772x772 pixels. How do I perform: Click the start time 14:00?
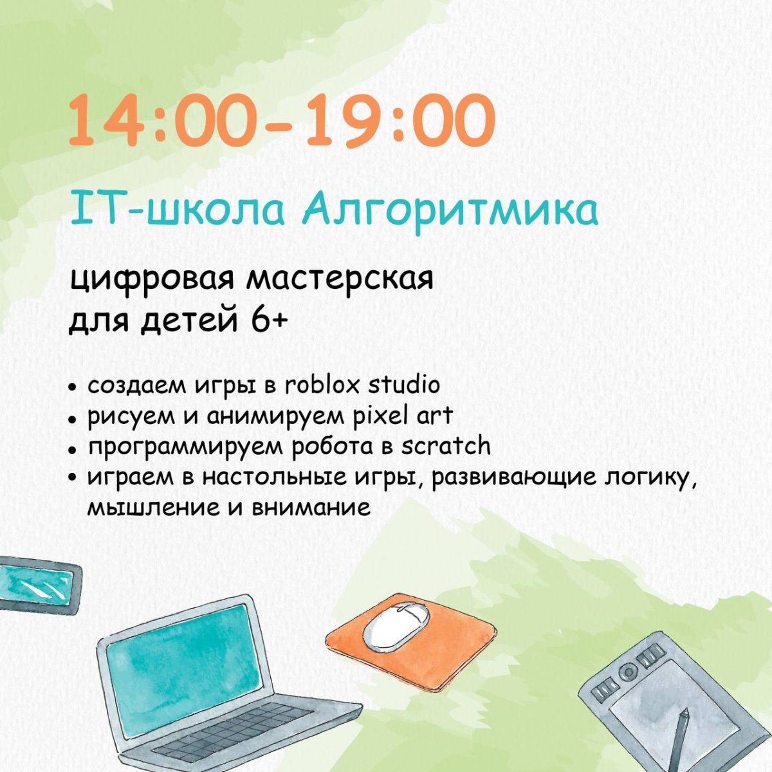coord(163,120)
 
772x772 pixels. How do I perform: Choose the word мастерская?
coord(339,279)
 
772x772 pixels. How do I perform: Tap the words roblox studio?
coord(362,385)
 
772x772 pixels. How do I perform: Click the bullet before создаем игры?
coord(72,387)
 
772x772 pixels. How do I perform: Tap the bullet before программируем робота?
coord(72,450)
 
